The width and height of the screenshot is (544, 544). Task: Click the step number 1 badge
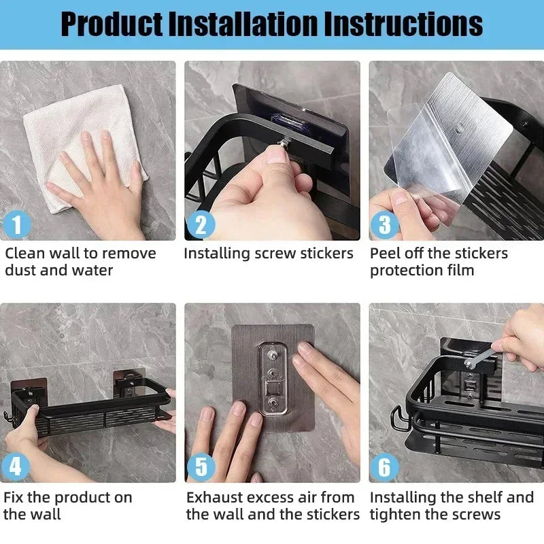pos(17,224)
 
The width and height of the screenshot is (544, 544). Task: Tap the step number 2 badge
pos(201,224)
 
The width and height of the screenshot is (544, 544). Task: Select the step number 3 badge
pos(385,224)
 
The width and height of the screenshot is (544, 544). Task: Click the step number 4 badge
pos(16,467)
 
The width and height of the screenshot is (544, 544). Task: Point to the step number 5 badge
pos(201,467)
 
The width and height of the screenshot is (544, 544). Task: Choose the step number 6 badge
pos(385,467)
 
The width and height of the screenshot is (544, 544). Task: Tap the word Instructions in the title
pos(403,24)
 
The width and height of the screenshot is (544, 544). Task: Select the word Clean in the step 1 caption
pos(25,254)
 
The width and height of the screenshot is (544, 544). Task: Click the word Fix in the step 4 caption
pos(14,497)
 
